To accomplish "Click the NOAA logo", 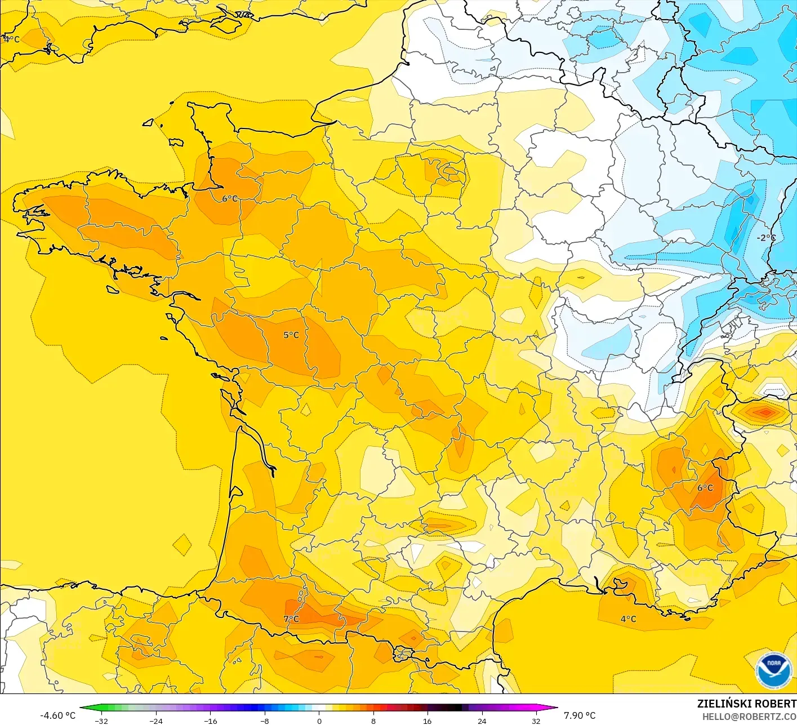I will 774,670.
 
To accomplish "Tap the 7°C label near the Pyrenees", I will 291,619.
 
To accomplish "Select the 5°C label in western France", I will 291,335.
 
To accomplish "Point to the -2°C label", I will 765,238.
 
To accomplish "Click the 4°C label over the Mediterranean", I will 628,619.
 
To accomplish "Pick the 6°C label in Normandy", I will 230,199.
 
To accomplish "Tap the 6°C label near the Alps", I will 705,488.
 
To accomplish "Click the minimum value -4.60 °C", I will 57,715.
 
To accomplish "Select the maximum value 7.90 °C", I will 580,715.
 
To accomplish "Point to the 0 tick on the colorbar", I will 319,720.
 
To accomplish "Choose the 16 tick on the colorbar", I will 428,720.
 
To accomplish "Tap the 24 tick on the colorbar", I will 482,720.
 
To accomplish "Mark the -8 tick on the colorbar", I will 264,720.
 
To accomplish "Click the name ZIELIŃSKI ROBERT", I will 746,704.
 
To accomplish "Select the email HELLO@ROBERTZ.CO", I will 749,717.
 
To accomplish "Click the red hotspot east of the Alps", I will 765,413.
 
